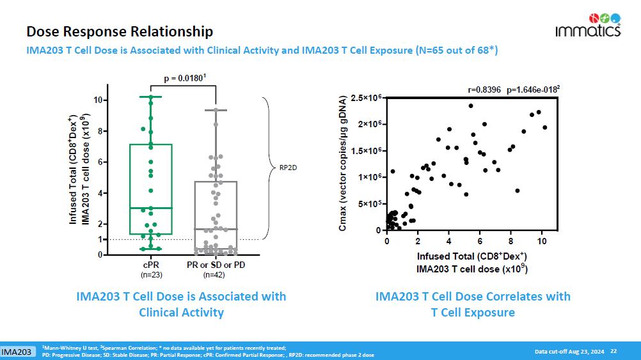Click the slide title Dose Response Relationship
coord(120,31)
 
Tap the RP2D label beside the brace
coord(287,169)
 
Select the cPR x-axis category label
coord(151,265)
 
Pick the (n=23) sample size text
coord(151,275)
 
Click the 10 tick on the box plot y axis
coord(100,100)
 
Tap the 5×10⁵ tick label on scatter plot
coord(370,204)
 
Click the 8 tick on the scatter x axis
coord(510,241)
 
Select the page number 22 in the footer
coord(613,351)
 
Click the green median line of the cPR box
coord(151,208)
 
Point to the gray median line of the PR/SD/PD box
coord(215,229)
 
